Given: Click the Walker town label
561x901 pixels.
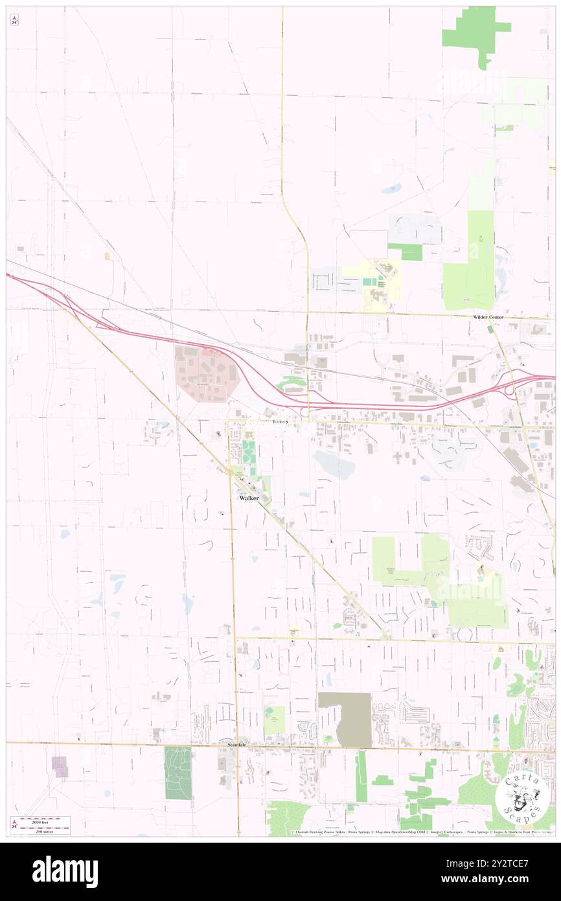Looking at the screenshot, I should pyautogui.click(x=249, y=498).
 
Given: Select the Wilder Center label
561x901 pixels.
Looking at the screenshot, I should pyautogui.click(x=488, y=316).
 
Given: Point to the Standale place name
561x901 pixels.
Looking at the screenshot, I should pyautogui.click(x=237, y=745).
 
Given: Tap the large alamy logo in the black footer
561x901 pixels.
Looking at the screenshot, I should pyautogui.click(x=65, y=871).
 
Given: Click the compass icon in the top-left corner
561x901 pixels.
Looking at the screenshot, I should pyautogui.click(x=14, y=20).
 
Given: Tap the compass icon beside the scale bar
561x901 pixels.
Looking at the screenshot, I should pyautogui.click(x=14, y=825).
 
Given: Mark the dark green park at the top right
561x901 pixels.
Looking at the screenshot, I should pyautogui.click(x=476, y=32).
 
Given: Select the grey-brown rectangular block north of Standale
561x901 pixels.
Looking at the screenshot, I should pyautogui.click(x=345, y=719).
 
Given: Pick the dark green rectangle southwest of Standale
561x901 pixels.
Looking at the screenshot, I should pyautogui.click(x=178, y=772).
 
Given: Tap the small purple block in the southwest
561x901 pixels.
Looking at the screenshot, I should pyautogui.click(x=60, y=766).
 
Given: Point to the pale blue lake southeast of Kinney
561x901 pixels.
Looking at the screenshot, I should pyautogui.click(x=334, y=464).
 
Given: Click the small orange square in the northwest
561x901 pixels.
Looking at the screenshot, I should pyautogui.click(x=108, y=257).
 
